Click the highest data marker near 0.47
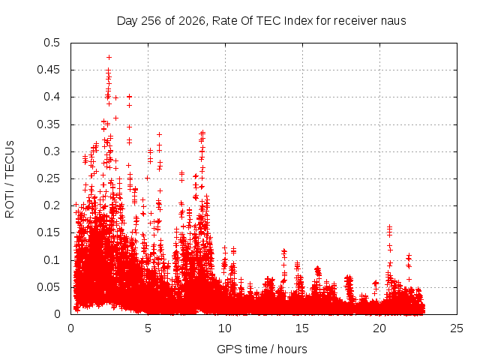(109, 57)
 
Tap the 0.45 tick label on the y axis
(48, 70)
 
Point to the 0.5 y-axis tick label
(52, 43)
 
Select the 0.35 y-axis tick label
(48, 124)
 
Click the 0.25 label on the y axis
(48, 178)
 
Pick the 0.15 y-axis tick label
(48, 232)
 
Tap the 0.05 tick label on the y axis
(48, 287)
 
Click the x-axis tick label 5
(148, 328)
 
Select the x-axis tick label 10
(225, 328)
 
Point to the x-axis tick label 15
(302, 328)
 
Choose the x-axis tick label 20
(379, 328)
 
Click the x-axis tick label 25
(457, 328)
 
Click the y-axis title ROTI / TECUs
(10, 179)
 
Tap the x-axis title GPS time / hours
(262, 349)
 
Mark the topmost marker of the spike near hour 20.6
(389, 226)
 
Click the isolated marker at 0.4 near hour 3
(115, 98)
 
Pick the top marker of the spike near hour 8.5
(202, 133)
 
